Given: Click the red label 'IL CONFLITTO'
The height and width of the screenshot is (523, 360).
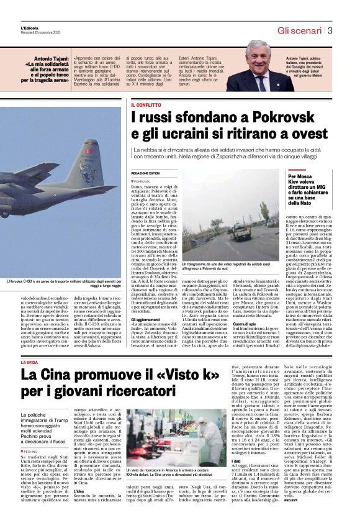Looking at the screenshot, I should [145, 105].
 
